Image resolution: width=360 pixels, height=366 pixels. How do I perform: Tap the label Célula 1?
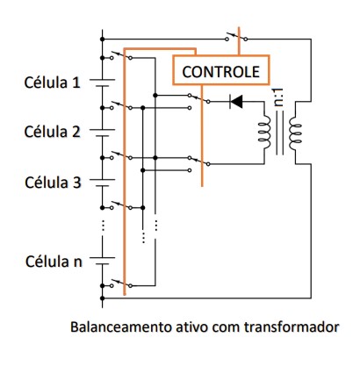(x=53, y=83)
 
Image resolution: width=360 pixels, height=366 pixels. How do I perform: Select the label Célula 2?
(x=53, y=132)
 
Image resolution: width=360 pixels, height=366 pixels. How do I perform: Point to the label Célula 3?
(x=53, y=183)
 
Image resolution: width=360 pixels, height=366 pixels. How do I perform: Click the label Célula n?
(x=54, y=262)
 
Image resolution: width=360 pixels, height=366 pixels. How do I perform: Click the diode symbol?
(x=236, y=102)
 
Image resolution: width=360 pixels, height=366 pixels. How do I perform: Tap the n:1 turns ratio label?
(x=279, y=97)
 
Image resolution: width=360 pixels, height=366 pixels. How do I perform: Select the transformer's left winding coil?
(x=264, y=133)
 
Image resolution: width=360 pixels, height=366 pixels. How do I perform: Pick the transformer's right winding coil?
(x=295, y=133)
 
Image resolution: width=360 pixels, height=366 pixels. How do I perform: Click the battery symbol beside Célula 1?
(x=102, y=83)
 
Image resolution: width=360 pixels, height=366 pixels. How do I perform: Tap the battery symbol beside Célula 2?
(x=102, y=133)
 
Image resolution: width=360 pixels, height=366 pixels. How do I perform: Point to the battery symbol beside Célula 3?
(x=102, y=183)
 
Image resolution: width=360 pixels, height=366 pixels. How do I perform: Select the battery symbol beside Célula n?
(x=102, y=261)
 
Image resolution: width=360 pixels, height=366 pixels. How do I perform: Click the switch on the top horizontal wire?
(x=236, y=37)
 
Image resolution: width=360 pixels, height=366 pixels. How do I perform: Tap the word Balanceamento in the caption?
(x=121, y=327)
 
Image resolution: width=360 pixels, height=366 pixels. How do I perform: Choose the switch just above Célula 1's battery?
(x=121, y=56)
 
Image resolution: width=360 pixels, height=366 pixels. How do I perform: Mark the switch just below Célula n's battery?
(x=121, y=283)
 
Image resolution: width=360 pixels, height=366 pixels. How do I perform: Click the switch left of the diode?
(x=199, y=99)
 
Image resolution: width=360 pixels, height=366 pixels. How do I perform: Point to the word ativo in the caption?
(x=192, y=327)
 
